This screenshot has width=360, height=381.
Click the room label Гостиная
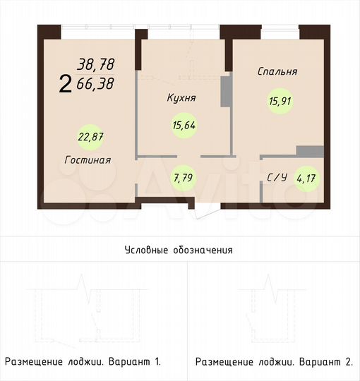(87, 160)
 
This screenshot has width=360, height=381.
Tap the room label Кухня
(181, 98)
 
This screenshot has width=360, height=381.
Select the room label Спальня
(277, 71)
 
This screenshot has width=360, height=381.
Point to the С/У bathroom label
(276, 178)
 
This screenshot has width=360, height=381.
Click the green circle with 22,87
(89, 135)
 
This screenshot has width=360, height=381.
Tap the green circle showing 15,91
(280, 102)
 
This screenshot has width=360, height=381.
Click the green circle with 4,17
(306, 178)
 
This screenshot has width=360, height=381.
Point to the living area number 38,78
(96, 64)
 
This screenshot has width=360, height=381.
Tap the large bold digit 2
(66, 85)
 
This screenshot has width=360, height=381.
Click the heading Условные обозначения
(179, 250)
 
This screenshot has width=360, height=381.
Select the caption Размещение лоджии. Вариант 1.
(83, 362)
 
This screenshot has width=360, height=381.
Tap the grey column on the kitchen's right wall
(226, 91)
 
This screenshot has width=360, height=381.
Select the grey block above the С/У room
(310, 151)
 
